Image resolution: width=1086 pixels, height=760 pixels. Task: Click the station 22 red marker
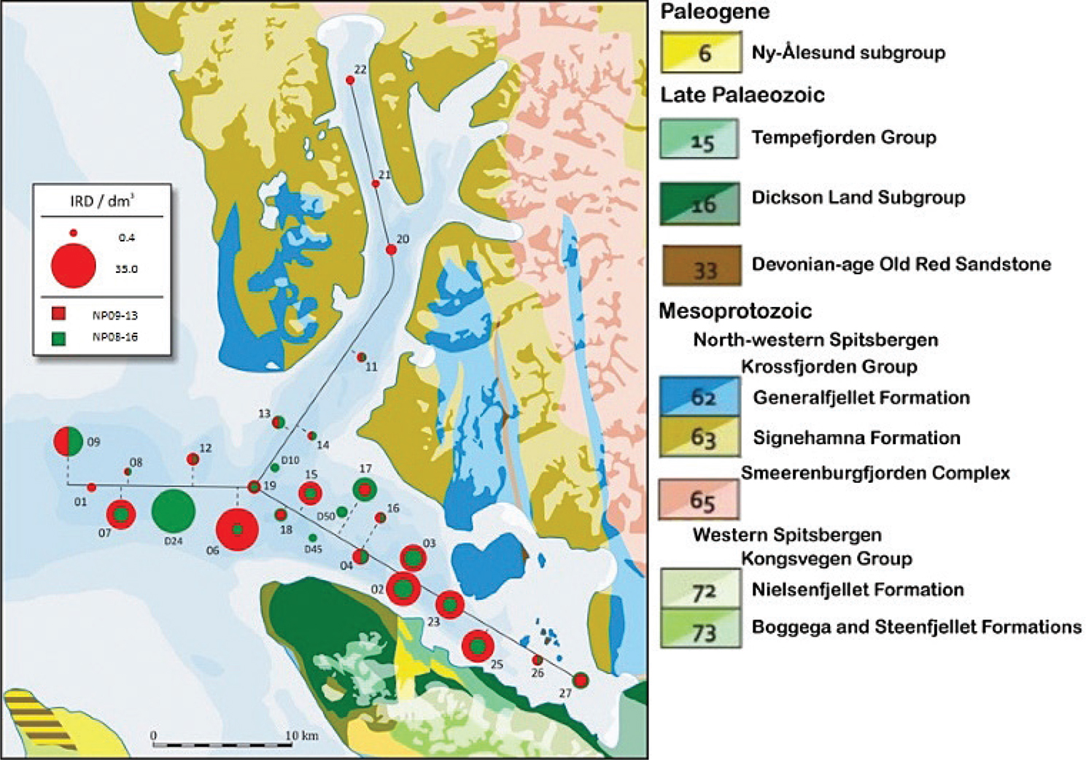click(x=350, y=80)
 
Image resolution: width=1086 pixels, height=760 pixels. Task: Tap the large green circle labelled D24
click(x=173, y=511)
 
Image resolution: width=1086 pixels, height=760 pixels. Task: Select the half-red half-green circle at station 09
click(x=68, y=441)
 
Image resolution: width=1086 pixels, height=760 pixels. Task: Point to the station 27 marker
click(x=581, y=680)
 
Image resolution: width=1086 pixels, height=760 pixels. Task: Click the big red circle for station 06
click(x=237, y=530)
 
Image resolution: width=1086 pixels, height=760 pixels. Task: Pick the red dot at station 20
click(x=391, y=249)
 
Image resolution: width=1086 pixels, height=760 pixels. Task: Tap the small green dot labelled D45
click(x=313, y=538)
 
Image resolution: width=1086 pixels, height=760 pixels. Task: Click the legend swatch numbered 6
click(x=701, y=52)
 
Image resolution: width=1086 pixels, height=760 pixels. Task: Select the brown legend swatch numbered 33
click(x=702, y=265)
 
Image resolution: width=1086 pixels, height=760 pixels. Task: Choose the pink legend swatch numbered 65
click(x=699, y=499)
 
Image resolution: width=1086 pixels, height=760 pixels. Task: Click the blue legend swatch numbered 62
click(x=700, y=397)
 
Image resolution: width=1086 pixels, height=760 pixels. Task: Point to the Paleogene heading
click(x=715, y=12)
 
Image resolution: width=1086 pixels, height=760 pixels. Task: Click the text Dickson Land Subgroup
click(x=858, y=198)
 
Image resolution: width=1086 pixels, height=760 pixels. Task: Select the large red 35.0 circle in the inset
click(x=73, y=266)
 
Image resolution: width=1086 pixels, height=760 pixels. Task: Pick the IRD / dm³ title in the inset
click(x=102, y=201)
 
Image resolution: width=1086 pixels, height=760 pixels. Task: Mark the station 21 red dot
click(x=376, y=184)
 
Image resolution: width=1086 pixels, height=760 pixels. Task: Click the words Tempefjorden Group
click(x=844, y=138)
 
